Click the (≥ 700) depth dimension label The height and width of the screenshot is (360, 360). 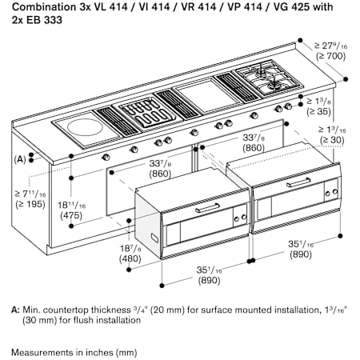coord(330,56)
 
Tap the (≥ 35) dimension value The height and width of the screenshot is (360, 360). coord(318,111)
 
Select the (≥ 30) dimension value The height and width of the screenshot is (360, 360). coord(332,140)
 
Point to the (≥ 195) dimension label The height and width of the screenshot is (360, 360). coord(30,204)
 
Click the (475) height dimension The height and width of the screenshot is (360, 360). coord(71,215)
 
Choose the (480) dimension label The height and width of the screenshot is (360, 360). coord(130,258)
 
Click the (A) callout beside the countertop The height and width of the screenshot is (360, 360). coord(20,159)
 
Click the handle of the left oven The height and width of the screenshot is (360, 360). coord(207,208)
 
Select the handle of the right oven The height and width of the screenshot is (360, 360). coord(298,183)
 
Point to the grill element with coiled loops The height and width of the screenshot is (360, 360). coord(147,113)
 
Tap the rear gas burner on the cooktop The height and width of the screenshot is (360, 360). coord(261,70)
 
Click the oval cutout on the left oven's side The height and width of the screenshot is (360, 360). coord(154,238)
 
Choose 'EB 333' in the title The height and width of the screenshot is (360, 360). coord(44,20)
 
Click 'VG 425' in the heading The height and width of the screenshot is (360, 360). coord(291,6)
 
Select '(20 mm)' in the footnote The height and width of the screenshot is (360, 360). coord(167,310)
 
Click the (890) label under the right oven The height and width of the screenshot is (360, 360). coord(301,254)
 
